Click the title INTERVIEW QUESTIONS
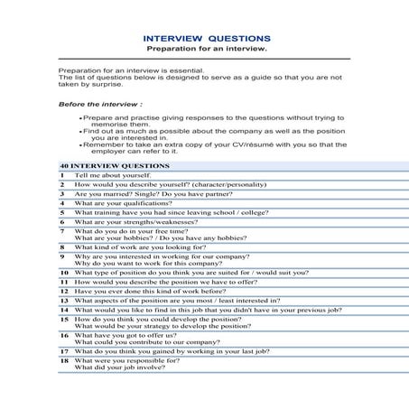[x=207, y=38]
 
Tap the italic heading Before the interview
[x=100, y=105]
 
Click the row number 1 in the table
[x=63, y=175]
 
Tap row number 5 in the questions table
[x=63, y=213]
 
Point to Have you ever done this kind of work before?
[x=150, y=292]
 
